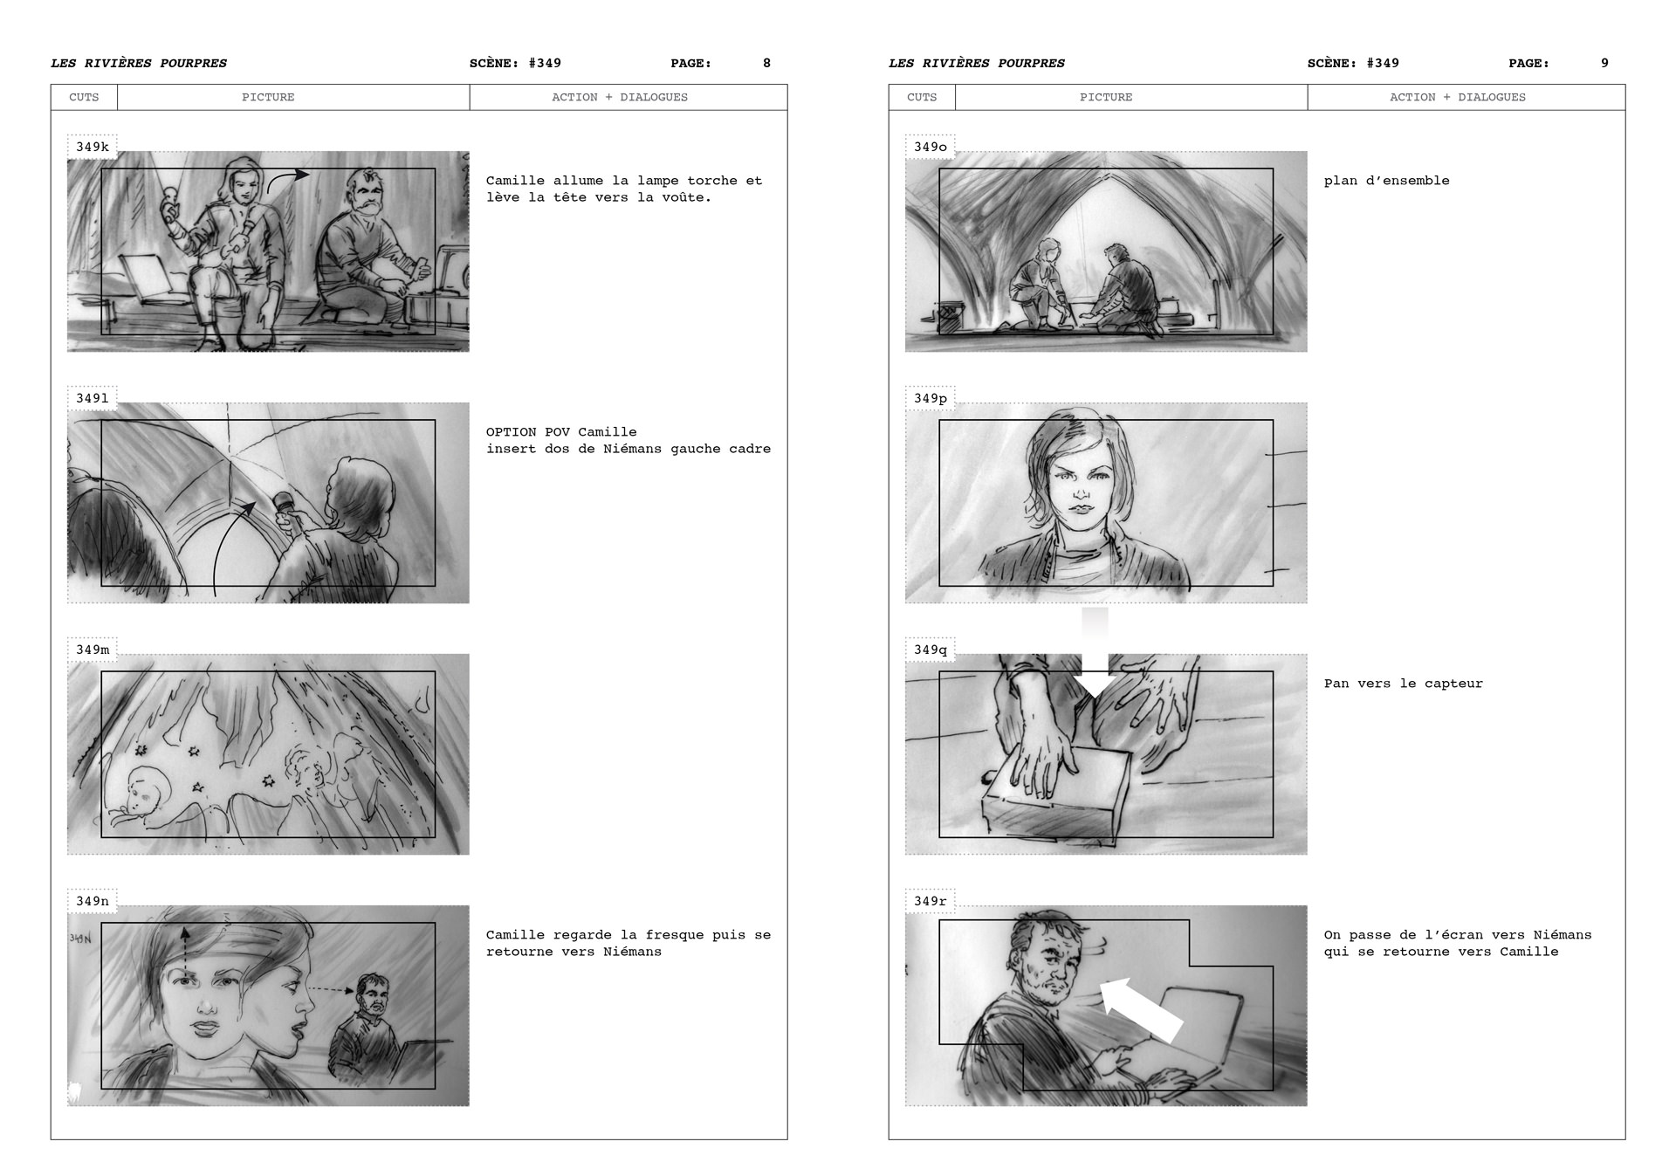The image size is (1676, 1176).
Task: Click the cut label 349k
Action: tap(93, 147)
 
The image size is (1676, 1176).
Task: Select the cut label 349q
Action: tap(931, 650)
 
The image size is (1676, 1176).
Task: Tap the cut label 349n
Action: tap(93, 901)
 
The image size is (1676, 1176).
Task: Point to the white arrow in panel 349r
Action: tap(1141, 1009)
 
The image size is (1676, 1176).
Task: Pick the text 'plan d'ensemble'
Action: tap(1386, 181)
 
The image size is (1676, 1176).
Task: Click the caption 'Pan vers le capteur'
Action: tap(1403, 684)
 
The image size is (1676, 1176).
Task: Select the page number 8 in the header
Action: tap(766, 63)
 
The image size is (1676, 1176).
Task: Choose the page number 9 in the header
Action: tap(1604, 63)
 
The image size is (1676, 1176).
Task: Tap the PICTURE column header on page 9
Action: tap(1105, 97)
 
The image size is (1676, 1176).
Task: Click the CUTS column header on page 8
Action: tap(84, 97)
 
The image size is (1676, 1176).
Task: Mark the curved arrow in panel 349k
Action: tap(286, 179)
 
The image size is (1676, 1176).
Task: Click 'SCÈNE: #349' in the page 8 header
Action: tap(515, 63)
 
